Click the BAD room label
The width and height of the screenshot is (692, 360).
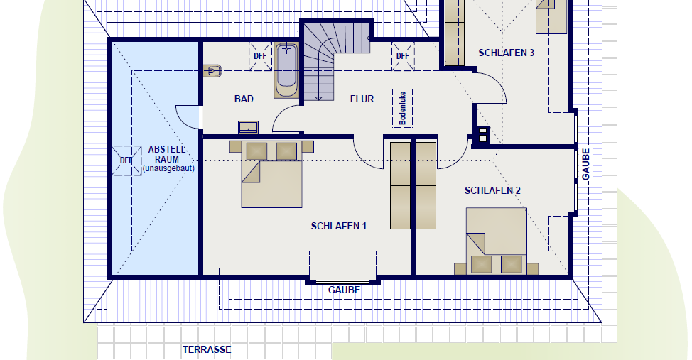click(x=244, y=99)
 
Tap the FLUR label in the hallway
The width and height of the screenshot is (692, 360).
click(x=362, y=99)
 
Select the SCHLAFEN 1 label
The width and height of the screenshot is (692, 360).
click(x=338, y=226)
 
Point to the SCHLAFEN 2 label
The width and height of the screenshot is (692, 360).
click(x=492, y=190)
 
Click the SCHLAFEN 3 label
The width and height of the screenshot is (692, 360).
click(x=506, y=53)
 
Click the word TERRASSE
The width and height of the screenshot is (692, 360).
click(x=207, y=350)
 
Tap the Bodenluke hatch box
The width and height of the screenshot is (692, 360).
click(x=403, y=109)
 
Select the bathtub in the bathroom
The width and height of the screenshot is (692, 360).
click(x=286, y=70)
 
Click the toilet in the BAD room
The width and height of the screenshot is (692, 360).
click(x=212, y=70)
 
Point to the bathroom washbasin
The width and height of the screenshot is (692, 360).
click(x=249, y=127)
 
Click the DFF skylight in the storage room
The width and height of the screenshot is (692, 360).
click(x=126, y=160)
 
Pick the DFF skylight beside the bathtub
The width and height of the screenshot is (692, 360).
click(x=260, y=56)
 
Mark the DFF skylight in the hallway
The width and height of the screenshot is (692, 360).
click(x=403, y=56)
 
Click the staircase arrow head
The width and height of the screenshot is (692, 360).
click(x=318, y=98)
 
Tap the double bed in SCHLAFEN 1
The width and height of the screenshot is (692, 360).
click(x=272, y=174)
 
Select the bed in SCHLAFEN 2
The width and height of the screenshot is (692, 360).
click(x=497, y=241)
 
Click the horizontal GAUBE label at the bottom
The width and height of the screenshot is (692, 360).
click(x=345, y=290)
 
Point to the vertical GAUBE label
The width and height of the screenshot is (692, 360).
click(x=585, y=164)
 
